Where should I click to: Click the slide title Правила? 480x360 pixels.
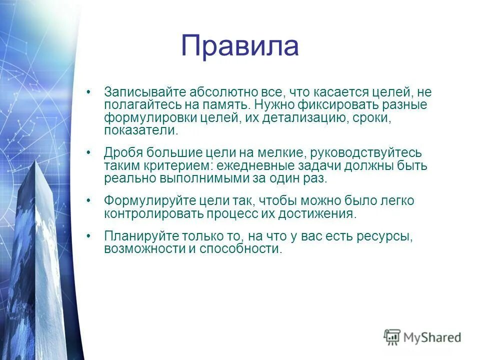click(239, 46)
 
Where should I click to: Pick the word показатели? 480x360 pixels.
click(140, 131)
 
